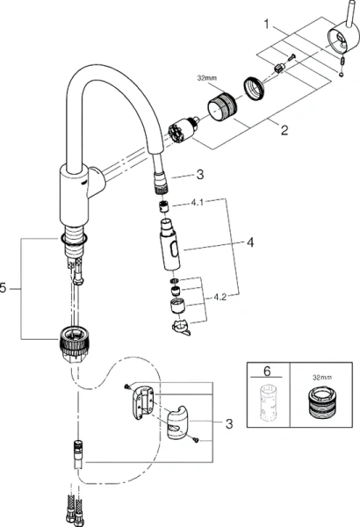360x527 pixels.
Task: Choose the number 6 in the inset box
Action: (269, 372)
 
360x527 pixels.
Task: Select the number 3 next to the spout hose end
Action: (200, 174)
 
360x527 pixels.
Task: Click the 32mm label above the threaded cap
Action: (208, 76)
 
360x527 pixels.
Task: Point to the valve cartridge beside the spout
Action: (179, 131)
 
